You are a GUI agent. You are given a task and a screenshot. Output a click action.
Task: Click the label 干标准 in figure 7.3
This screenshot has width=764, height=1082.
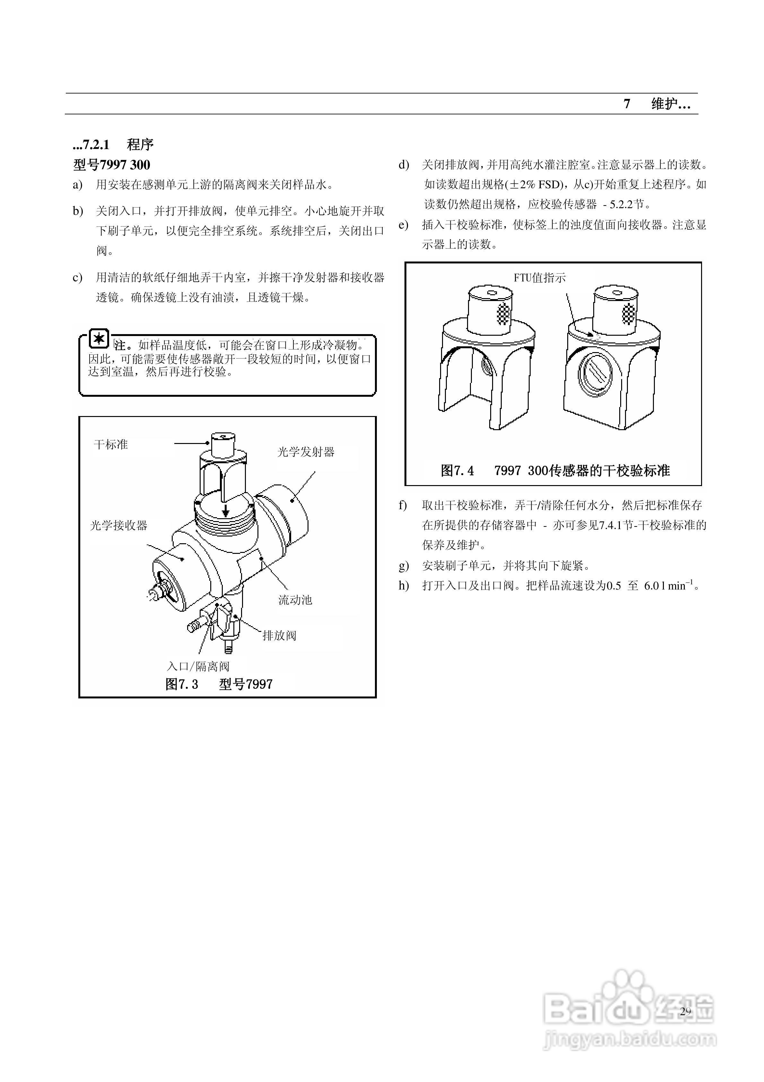point(111,444)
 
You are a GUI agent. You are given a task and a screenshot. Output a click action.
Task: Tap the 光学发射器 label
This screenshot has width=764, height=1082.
point(306,452)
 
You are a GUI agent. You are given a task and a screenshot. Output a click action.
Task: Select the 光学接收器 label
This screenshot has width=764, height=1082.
point(119,526)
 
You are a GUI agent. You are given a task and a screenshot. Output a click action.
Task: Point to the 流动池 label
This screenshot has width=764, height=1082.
point(295,600)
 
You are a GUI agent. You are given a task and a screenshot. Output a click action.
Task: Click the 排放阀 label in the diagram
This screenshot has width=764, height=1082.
point(279,636)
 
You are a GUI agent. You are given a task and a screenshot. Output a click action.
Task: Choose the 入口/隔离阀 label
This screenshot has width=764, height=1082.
point(198,666)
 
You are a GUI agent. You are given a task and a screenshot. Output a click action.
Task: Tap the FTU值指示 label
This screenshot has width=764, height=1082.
point(539,278)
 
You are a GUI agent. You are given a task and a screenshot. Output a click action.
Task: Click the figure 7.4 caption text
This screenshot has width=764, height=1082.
point(555,470)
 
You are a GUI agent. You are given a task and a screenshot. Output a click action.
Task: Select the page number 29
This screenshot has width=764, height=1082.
point(685,1011)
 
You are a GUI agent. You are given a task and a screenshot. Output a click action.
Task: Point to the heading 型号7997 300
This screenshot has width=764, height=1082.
point(112,165)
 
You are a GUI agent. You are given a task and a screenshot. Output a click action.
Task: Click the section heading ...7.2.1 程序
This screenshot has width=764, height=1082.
point(113,145)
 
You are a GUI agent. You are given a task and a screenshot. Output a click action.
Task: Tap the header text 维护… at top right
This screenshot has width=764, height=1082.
point(671,104)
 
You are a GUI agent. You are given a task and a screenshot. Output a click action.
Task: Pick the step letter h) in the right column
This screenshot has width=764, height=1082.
point(404,586)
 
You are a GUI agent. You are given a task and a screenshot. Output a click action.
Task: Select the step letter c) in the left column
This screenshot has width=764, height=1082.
point(78,278)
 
